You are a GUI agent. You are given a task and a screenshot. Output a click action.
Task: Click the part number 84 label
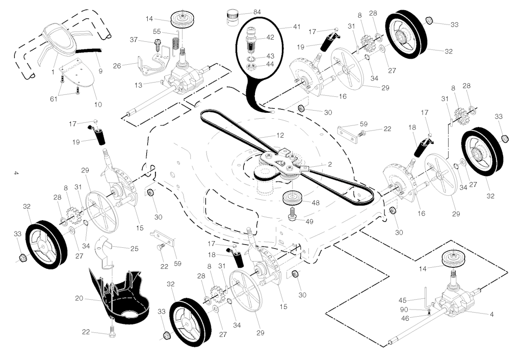click(x=257, y=12)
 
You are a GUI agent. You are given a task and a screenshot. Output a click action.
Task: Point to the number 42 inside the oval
click(x=270, y=37)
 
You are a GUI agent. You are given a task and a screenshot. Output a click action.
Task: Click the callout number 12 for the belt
click(x=280, y=135)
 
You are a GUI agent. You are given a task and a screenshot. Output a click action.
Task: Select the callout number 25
click(x=134, y=248)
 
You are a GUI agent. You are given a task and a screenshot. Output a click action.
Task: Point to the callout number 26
click(x=117, y=66)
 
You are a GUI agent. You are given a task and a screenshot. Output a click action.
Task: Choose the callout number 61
click(x=54, y=99)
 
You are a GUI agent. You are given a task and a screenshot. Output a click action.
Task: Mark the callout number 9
click(x=100, y=71)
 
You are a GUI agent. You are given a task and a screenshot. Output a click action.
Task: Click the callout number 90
click(x=404, y=310)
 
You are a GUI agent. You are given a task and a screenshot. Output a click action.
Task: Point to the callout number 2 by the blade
click(x=330, y=164)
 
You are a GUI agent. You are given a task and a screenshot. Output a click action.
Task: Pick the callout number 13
click(x=138, y=85)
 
